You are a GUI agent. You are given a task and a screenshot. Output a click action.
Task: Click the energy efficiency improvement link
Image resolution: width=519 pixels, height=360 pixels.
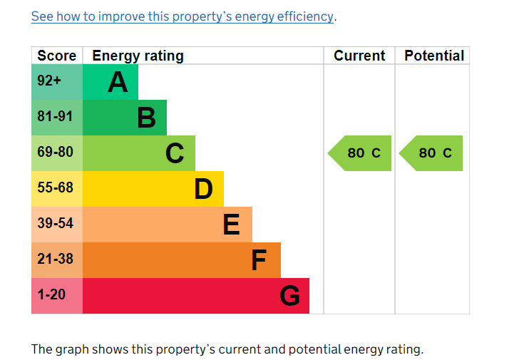(182, 16)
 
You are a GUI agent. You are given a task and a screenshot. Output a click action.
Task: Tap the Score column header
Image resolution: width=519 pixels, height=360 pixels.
(57, 56)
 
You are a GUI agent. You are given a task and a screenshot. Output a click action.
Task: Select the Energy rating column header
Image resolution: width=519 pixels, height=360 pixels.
(138, 56)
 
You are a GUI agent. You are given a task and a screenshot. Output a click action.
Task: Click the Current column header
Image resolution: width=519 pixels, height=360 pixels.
(359, 56)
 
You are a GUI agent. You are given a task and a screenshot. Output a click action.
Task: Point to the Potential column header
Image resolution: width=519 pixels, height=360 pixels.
(433, 56)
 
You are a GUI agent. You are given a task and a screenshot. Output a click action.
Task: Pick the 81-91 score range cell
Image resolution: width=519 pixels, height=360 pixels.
(56, 117)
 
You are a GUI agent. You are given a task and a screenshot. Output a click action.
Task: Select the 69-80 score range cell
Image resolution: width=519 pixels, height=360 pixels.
(56, 153)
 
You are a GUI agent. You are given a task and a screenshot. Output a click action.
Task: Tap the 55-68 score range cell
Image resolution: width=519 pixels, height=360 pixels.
(56, 188)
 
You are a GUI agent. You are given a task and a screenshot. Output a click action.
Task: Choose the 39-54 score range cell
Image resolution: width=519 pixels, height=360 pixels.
(56, 224)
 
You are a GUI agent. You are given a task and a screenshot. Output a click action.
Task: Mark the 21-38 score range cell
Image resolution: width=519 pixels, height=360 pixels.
(56, 259)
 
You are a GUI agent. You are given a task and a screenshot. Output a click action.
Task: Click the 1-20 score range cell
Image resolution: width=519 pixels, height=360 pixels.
(51, 295)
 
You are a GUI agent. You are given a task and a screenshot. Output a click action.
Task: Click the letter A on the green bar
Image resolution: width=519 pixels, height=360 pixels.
(118, 83)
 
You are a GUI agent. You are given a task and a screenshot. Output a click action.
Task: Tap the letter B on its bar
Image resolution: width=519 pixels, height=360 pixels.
(146, 118)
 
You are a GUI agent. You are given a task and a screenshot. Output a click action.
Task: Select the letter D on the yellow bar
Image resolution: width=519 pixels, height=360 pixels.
(203, 189)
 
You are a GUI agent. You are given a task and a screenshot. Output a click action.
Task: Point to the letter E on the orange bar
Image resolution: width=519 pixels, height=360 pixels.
(231, 225)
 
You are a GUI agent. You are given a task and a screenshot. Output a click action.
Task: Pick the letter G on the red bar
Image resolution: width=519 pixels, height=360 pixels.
(289, 296)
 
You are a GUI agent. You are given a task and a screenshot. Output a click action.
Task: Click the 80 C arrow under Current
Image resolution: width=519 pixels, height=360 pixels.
(361, 153)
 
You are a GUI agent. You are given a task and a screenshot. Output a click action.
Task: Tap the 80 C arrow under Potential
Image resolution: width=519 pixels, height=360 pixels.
(432, 153)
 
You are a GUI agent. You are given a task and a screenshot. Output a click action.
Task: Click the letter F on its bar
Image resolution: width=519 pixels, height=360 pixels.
(259, 260)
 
